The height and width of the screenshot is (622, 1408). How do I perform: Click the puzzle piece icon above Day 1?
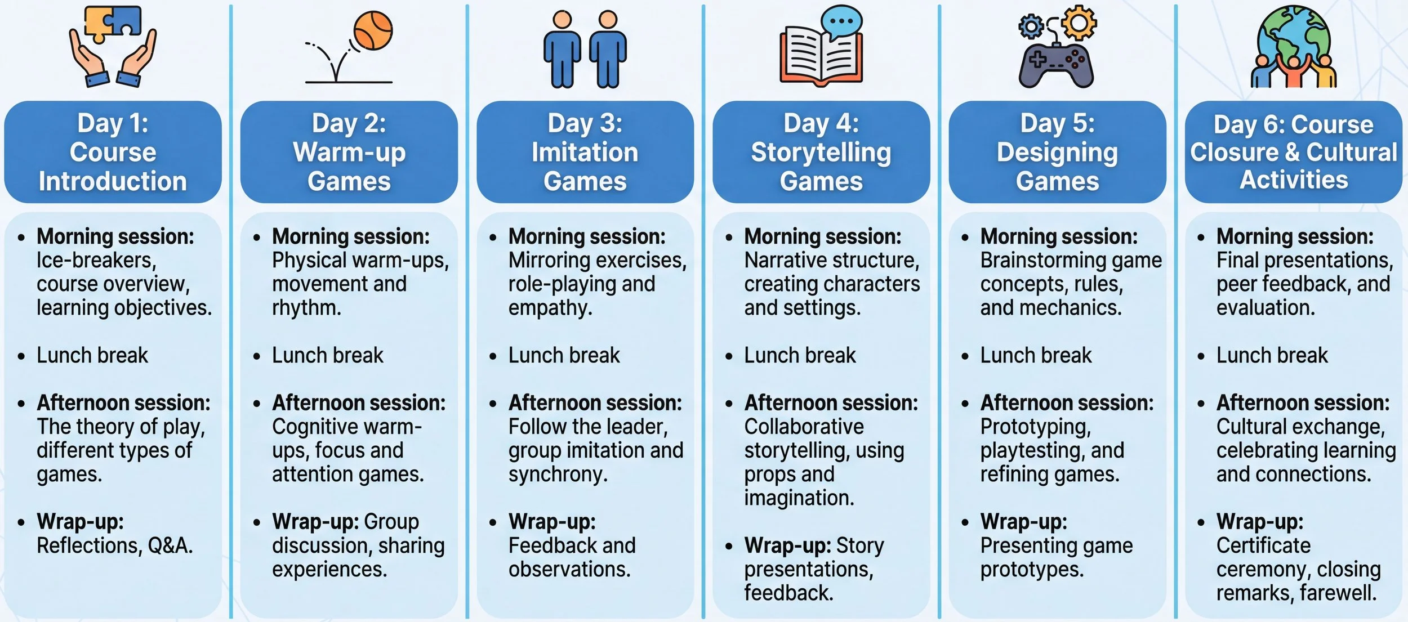(x=112, y=22)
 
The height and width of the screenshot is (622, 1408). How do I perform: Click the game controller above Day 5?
(x=1056, y=66)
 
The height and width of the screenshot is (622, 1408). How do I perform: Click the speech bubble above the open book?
(x=841, y=22)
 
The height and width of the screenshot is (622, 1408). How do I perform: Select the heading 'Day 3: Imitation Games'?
(x=585, y=152)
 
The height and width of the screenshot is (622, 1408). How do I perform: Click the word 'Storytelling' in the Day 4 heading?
(x=821, y=153)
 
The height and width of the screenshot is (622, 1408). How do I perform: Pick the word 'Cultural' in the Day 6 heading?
(x=1352, y=153)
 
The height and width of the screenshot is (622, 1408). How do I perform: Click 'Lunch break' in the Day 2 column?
(x=327, y=356)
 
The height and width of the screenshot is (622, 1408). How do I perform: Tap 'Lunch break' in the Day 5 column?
(x=1036, y=356)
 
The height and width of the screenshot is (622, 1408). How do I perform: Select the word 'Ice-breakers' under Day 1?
(x=96, y=261)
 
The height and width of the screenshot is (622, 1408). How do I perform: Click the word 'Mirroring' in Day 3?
(x=549, y=261)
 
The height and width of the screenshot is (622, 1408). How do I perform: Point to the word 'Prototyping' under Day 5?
(x=1035, y=427)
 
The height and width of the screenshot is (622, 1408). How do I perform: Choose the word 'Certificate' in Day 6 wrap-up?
(x=1263, y=545)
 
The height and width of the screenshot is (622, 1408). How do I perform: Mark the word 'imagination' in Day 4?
(x=799, y=498)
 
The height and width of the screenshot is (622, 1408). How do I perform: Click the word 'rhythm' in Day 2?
(x=306, y=308)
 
